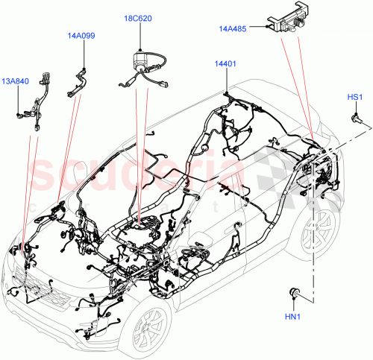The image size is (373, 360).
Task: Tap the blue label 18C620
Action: (140, 17)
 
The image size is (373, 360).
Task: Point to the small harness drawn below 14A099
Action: (78, 80)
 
